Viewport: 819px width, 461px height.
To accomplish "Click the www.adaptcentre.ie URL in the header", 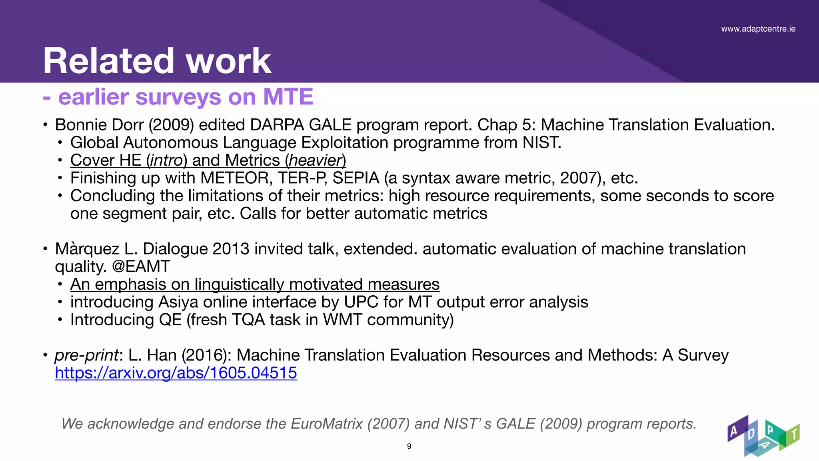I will [x=758, y=29].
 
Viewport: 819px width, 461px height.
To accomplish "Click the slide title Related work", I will [x=157, y=61].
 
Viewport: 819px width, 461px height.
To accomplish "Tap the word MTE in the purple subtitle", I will [x=288, y=97].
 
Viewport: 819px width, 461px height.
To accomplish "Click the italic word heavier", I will [x=316, y=160].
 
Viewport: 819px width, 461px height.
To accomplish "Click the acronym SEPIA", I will [x=356, y=178].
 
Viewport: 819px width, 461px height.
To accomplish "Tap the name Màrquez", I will [x=87, y=249].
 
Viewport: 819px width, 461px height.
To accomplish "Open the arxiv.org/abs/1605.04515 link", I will [x=176, y=373].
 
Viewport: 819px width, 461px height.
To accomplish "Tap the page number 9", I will [x=409, y=446].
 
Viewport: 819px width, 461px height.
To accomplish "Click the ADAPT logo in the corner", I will [x=763, y=436].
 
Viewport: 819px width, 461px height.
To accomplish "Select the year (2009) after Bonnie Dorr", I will [x=171, y=125].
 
